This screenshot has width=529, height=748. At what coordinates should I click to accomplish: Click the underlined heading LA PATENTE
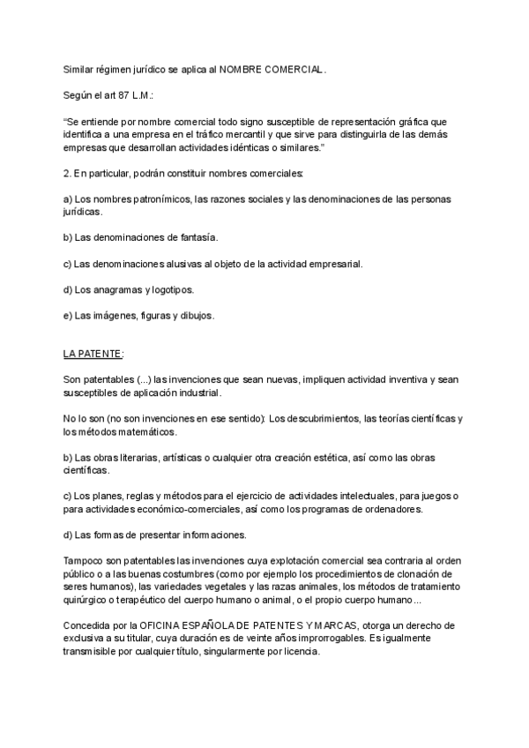tap(93, 354)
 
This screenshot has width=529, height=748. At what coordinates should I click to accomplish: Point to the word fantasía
tap(196, 238)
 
